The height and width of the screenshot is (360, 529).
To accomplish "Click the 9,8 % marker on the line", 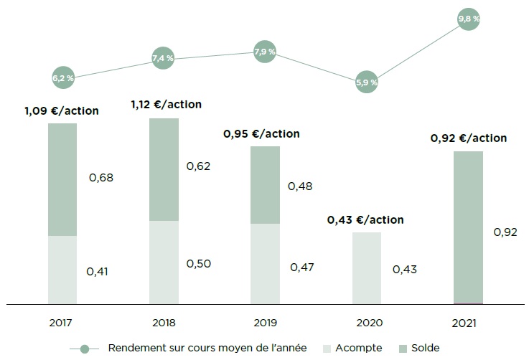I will pos(468,19).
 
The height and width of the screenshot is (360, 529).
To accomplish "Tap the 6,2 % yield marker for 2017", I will pos(63,77).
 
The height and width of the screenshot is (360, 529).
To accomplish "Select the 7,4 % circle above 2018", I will pos(164,57).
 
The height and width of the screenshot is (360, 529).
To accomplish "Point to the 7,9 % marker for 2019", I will pos(265,52).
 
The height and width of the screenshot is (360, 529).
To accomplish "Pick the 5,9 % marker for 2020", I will pos(366,82).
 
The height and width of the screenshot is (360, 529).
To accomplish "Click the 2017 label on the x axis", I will pos(62,323).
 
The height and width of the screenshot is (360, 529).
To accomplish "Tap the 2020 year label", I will pos(366,323).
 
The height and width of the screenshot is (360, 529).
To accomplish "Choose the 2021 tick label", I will pos(467,323).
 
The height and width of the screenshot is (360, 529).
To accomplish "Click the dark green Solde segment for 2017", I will pos(62,179).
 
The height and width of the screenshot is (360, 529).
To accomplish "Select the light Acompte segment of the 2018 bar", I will pos(164,262).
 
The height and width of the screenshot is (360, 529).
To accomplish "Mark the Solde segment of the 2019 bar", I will pos(265,185).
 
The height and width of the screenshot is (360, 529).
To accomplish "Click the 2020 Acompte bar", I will pos(366,268).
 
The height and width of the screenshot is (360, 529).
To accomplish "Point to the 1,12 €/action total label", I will pos(166,105).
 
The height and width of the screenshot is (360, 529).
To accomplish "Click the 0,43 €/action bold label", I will pos(365,220).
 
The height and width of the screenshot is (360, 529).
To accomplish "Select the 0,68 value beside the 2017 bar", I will pos(101,177).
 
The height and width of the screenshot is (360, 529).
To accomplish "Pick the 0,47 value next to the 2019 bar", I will pos(302,267).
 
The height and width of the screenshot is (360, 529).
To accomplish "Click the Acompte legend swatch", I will pos(330,348).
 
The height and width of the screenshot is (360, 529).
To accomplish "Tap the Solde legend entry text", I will pos(426,348).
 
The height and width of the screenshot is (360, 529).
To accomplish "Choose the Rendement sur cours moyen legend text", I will pos(207,348).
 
